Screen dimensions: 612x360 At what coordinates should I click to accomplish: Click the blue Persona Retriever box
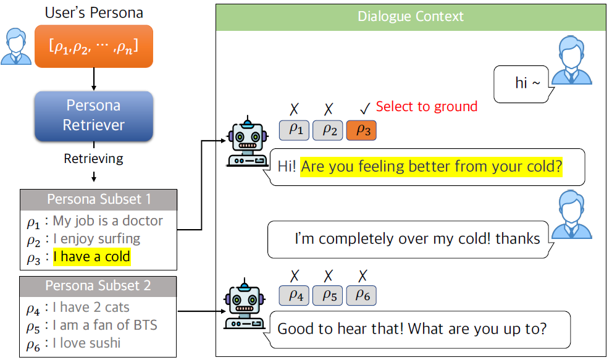tap(93, 115)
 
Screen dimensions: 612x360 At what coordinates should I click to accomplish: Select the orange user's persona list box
tap(93, 46)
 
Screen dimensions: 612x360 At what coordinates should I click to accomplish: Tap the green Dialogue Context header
tap(410, 17)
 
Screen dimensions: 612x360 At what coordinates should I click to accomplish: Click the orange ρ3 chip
tap(361, 130)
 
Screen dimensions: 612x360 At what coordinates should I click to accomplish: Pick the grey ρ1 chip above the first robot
tap(294, 130)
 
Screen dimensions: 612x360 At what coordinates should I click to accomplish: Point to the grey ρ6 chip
tap(361, 296)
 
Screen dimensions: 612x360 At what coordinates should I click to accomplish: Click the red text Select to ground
tap(426, 106)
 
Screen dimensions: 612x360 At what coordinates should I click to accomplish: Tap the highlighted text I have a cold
tap(91, 256)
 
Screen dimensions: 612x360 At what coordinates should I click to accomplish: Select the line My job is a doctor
tap(107, 220)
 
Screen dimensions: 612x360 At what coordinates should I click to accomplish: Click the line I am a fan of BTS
tap(104, 325)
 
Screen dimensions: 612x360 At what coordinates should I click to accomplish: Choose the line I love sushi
tap(86, 343)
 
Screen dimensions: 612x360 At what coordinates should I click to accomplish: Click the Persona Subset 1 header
tap(98, 200)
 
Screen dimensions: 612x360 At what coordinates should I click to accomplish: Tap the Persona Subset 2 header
tap(98, 287)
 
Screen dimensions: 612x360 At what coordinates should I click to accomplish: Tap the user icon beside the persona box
tap(16, 46)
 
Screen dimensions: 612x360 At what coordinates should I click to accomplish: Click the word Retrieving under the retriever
tap(93, 159)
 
